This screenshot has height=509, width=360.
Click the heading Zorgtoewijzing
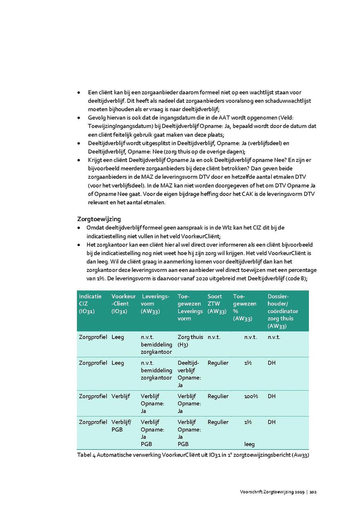[x=99, y=219]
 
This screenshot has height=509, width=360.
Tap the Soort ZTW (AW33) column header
[x=217, y=303]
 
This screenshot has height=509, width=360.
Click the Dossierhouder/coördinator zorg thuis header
[x=283, y=311]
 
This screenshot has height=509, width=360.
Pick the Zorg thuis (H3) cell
[x=190, y=341]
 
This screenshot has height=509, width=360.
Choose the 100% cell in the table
[x=251, y=396]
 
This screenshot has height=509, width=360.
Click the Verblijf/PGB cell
[x=121, y=426]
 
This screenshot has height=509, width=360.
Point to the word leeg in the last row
[x=249, y=444]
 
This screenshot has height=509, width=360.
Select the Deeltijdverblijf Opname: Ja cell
[x=189, y=374]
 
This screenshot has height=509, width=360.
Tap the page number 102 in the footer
[x=313, y=492]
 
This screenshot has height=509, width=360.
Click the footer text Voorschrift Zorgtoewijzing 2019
[x=272, y=492]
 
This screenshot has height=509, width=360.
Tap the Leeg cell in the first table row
[x=118, y=337]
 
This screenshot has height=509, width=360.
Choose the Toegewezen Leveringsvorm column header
[x=190, y=307]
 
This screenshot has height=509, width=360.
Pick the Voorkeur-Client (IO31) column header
[x=124, y=303]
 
